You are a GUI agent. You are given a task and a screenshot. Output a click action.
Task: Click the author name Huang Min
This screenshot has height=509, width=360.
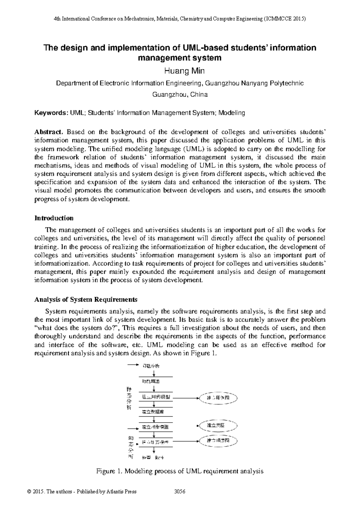point(180,71)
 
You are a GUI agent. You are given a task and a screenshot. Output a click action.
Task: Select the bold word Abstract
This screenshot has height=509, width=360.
point(49,132)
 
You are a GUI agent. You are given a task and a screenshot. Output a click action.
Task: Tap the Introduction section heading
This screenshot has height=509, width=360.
point(54,218)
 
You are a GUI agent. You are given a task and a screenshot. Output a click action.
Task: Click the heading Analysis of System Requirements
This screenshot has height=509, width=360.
point(86,300)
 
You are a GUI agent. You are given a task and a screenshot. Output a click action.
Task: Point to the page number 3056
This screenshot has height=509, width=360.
point(180,492)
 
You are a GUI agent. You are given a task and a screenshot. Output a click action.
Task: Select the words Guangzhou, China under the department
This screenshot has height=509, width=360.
point(180,95)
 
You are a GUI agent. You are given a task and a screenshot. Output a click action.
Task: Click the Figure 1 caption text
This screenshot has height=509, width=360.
point(180,471)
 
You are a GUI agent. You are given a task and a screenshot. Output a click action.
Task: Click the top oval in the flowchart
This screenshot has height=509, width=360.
point(218,398)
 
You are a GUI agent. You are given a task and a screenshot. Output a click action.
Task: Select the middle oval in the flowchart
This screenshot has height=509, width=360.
point(218,426)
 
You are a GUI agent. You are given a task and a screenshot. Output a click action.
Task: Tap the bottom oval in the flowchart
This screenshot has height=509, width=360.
point(218,441)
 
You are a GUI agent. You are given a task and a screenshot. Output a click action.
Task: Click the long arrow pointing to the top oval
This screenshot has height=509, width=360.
point(186,398)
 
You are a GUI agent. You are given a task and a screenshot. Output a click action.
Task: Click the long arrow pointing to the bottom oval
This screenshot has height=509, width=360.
point(186,441)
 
